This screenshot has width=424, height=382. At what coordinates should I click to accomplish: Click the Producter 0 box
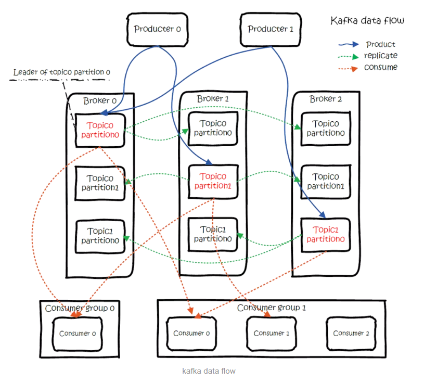click(157, 29)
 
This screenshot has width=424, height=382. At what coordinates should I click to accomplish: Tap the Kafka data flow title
click(367, 21)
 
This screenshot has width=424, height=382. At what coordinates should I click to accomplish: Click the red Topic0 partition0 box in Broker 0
click(100, 130)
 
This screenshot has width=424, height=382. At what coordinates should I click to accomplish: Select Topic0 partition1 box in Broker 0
click(100, 183)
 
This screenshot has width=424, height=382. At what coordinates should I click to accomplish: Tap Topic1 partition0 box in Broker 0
click(100, 236)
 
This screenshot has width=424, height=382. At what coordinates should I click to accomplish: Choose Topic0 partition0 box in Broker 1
click(213, 128)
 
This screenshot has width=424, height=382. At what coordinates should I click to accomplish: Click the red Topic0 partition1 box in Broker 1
click(213, 181)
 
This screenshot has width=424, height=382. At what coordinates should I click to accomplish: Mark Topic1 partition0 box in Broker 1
click(213, 234)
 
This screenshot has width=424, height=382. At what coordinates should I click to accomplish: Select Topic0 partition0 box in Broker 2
click(325, 128)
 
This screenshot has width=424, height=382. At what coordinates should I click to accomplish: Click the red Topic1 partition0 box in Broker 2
click(325, 235)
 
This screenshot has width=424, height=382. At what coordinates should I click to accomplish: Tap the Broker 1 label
click(212, 98)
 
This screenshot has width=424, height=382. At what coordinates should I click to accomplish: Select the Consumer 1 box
click(268, 333)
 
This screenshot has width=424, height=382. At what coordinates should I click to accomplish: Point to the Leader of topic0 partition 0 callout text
click(61, 72)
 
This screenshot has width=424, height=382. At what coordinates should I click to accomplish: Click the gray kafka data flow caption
click(209, 371)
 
